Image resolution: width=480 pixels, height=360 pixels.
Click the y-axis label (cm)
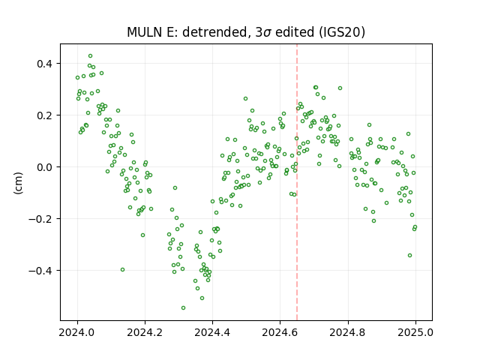pyautogui.click(x=18, y=183)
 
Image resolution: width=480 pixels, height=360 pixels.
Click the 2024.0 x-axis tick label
pyautogui.click(x=77, y=332)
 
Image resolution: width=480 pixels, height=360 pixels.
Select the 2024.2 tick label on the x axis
pyautogui.click(x=145, y=332)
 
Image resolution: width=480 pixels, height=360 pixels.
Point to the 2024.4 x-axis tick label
pyautogui.click(x=212, y=332)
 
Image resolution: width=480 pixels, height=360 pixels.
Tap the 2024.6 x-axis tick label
pyautogui.click(x=280, y=332)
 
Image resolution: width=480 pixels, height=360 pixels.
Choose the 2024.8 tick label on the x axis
pyautogui.click(x=348, y=332)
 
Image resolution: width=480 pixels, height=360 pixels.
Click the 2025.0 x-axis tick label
pyautogui.click(x=415, y=332)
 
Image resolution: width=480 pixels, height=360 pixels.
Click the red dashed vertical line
pyautogui.click(x=297, y=182)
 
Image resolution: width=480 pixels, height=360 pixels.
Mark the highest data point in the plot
pyautogui.click(x=90, y=56)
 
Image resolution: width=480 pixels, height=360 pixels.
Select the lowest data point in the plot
pyautogui.click(x=183, y=307)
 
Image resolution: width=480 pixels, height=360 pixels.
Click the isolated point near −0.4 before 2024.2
pyautogui.click(x=122, y=270)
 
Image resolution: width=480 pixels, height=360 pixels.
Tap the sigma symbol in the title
pyautogui.click(x=267, y=33)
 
